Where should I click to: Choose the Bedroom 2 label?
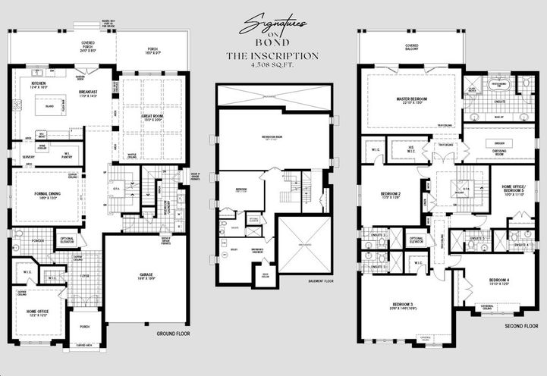click(391, 194)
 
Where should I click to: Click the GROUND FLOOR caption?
click(173, 333)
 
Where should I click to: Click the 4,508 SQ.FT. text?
click(272, 64)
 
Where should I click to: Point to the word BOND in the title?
click(272, 45)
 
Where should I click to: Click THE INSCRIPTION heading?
click(272, 56)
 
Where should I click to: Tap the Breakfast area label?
click(88, 92)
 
